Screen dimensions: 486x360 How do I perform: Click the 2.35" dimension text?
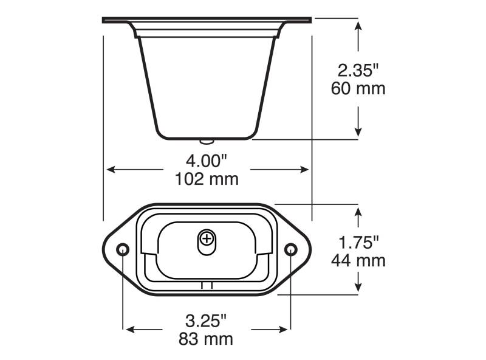(x=358, y=70)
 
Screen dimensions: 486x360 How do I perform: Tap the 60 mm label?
(x=358, y=88)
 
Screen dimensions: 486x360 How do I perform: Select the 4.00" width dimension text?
(x=207, y=161)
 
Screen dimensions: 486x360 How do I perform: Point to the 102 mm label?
(x=207, y=179)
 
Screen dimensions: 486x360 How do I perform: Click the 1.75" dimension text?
(x=358, y=243)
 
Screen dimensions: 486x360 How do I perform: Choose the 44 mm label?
(x=358, y=260)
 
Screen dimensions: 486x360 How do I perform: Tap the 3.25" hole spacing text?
(x=206, y=321)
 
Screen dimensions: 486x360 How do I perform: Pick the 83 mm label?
(x=206, y=339)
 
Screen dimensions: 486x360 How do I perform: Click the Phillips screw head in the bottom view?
(x=207, y=239)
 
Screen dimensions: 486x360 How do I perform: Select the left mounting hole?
(x=123, y=249)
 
